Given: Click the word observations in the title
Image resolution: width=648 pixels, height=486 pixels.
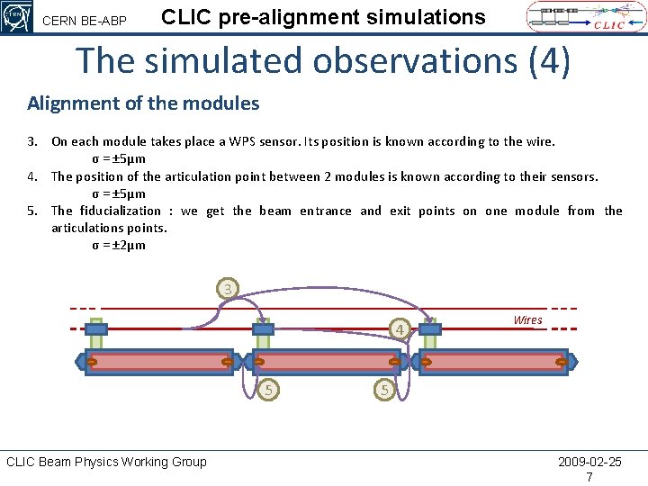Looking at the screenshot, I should pyautogui.click(x=413, y=60).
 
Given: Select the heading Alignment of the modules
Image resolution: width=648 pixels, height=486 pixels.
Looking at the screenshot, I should pyautogui.click(x=143, y=103).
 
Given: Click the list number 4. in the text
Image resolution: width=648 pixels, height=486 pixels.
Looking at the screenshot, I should pyautogui.click(x=33, y=176).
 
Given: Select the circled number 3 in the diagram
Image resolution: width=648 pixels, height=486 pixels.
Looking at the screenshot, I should pyautogui.click(x=229, y=289).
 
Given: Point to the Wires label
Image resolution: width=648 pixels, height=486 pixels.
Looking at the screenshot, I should pyautogui.click(x=527, y=319).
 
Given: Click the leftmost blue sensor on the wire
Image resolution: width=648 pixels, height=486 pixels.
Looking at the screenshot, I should pyautogui.click(x=96, y=329).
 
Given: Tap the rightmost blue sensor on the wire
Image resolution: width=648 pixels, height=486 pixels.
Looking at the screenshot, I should pyautogui.click(x=430, y=329).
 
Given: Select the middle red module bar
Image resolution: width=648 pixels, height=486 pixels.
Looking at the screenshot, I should pyautogui.click(x=327, y=362).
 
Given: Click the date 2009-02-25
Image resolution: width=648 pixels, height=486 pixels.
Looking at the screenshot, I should pyautogui.click(x=589, y=462).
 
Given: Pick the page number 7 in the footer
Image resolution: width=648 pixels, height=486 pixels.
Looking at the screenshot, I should pyautogui.click(x=589, y=477).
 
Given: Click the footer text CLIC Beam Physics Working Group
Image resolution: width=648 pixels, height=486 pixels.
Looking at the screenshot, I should pyautogui.click(x=106, y=462).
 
